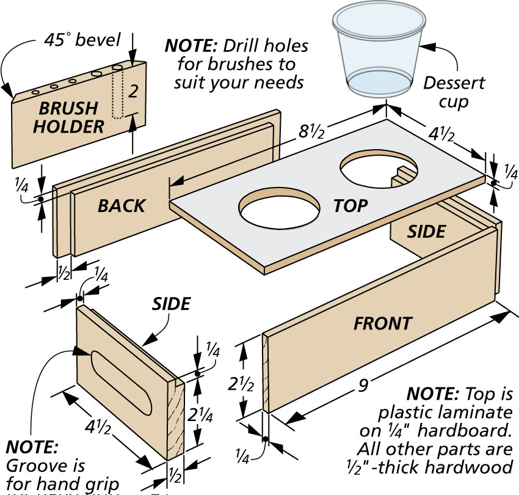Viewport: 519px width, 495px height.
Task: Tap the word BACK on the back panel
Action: click(x=122, y=205)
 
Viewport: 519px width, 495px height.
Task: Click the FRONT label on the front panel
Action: click(x=383, y=323)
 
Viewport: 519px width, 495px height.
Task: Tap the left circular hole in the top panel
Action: click(x=280, y=209)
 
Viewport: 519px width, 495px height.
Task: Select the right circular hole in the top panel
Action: click(x=379, y=169)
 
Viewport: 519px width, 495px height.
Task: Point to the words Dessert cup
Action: click(x=454, y=92)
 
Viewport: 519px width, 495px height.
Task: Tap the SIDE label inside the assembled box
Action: click(x=426, y=231)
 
